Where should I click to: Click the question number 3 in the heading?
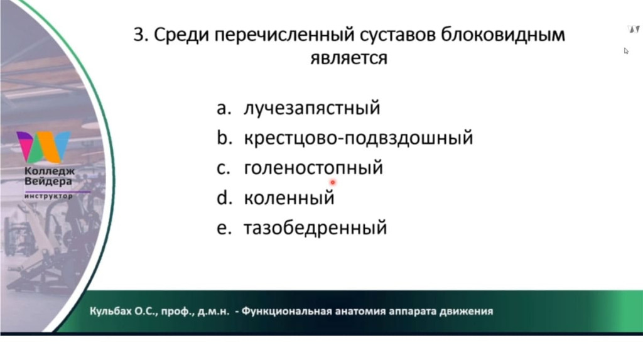pos(139,35)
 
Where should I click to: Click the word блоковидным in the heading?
pos(503,35)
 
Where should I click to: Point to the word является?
pos(349,58)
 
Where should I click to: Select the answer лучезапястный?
pos(312,108)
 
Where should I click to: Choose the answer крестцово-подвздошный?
pos(359,138)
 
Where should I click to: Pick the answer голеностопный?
pos(313,168)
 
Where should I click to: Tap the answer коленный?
pos(289,198)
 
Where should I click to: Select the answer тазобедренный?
pos(315,228)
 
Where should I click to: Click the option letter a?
pos(224,109)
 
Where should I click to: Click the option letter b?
pos(224,138)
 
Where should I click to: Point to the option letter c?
pos(224,169)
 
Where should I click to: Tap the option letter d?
pos(224,197)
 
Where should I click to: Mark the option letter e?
pos(224,229)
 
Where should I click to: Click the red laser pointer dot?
pos(333,182)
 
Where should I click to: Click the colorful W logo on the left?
pos(43,147)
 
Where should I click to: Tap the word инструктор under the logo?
pos(49,196)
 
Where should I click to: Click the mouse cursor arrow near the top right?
pos(626,51)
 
